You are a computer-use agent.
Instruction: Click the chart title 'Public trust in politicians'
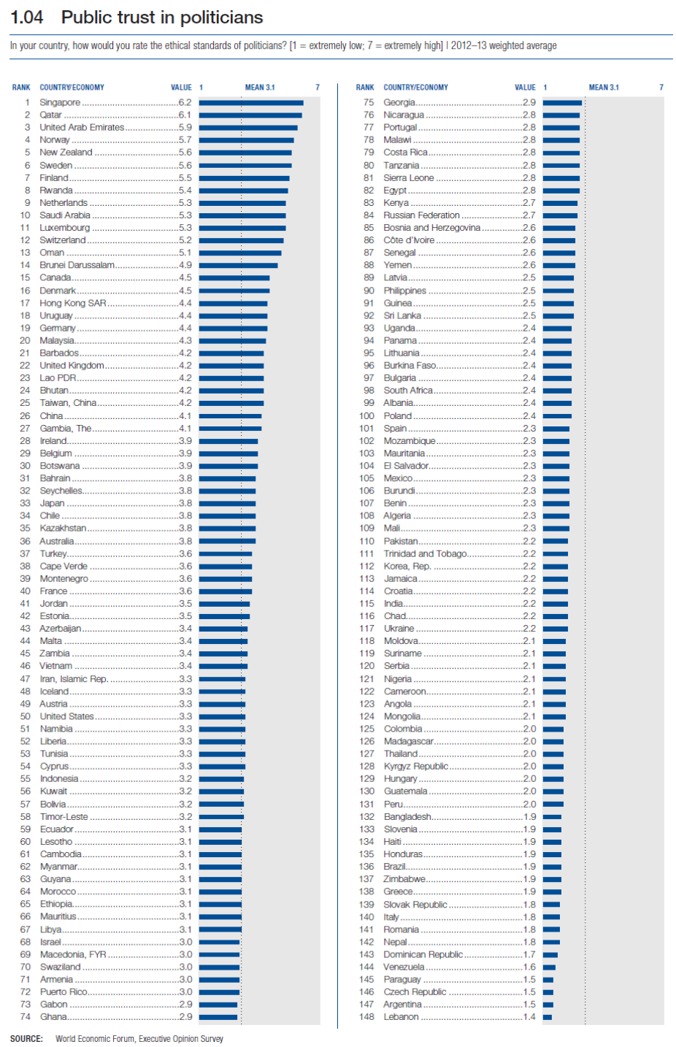tap(161, 18)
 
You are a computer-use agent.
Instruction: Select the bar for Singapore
tap(250, 103)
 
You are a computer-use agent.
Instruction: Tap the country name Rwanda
tap(56, 191)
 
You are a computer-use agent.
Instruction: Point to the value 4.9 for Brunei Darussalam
tap(185, 265)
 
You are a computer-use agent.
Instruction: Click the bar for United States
tap(222, 716)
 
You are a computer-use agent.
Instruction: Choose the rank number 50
tap(26, 716)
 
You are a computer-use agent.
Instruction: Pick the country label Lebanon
tap(401, 1016)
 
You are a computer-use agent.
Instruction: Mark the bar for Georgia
tap(562, 103)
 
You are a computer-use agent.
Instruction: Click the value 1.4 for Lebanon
tap(529, 1016)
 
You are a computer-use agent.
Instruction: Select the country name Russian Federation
tap(421, 215)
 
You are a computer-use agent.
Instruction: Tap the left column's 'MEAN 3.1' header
tap(260, 88)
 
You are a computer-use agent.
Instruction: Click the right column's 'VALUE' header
tap(525, 88)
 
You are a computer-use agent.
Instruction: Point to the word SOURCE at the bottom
tap(26, 1038)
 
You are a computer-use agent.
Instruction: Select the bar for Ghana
tap(218, 1016)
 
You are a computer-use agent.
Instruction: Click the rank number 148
tap(366, 1016)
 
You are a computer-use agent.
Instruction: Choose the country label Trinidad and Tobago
tap(425, 553)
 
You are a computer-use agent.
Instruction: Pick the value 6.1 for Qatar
tap(185, 115)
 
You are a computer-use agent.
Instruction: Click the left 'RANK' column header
tap(21, 88)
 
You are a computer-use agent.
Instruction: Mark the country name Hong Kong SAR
tap(73, 303)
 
